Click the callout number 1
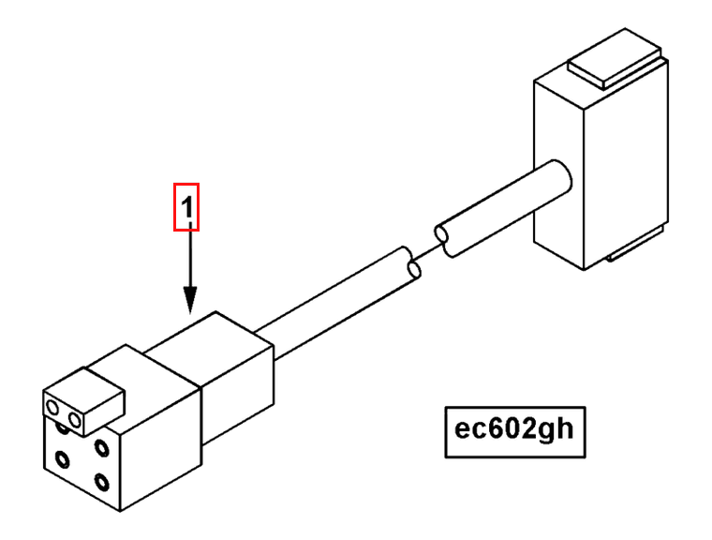click(187, 208)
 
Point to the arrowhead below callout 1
click(190, 302)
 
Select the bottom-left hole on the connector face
click(62, 460)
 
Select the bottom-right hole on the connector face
click(102, 484)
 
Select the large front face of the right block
click(627, 169)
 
